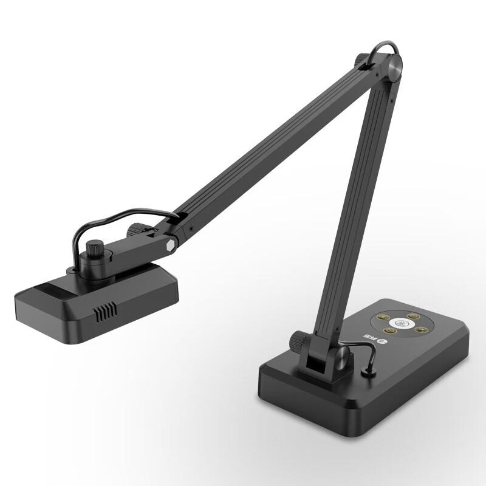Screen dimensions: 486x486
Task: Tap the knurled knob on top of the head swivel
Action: click(x=94, y=250)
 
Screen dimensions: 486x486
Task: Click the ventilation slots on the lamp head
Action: click(x=104, y=313)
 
